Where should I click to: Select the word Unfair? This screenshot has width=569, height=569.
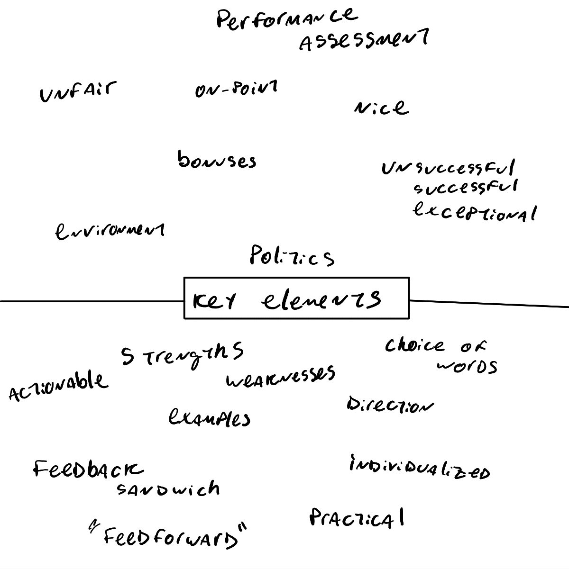[x=78, y=91]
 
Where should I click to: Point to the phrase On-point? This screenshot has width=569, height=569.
[x=236, y=89]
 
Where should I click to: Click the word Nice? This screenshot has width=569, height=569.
[x=381, y=108]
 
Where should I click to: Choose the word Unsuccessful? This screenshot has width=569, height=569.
[x=448, y=168]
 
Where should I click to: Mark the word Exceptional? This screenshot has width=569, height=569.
[x=474, y=211]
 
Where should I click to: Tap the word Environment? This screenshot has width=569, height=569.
[x=110, y=231]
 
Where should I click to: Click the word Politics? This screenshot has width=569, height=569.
[x=292, y=257]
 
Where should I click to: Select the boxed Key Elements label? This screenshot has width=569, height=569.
[x=296, y=298]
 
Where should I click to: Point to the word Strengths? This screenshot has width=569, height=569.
[x=182, y=355]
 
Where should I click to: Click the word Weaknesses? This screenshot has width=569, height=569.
[x=280, y=376]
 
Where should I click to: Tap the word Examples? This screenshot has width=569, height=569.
[x=209, y=418]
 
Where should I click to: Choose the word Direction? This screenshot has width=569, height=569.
[x=389, y=405]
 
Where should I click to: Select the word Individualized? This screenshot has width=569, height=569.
[x=419, y=469]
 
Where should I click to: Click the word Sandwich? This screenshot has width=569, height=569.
[x=168, y=489]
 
